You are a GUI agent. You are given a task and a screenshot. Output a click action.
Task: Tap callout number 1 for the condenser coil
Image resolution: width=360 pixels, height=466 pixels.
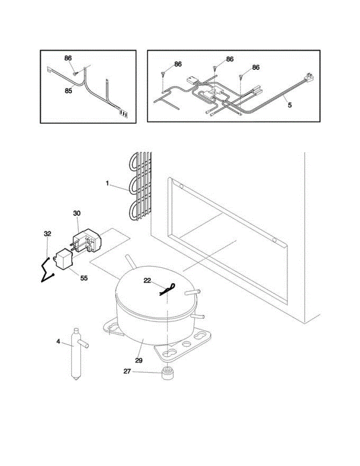click(107, 183)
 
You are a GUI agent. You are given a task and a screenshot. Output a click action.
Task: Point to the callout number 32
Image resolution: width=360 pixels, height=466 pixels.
click(47, 234)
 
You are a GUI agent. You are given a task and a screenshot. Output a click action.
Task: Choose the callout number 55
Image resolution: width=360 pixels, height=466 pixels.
click(84, 278)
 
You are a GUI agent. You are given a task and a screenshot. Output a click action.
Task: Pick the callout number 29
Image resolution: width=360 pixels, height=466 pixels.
click(139, 360)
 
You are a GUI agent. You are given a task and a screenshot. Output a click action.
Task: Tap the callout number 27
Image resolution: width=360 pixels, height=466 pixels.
click(127, 371)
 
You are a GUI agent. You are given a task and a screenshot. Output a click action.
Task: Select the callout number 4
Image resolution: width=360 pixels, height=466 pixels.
click(58, 342)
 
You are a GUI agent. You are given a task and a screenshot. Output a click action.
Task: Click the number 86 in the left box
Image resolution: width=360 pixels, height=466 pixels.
click(68, 58)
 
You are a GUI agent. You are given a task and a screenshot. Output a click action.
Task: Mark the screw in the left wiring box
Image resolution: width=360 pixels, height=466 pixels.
click(76, 71)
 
